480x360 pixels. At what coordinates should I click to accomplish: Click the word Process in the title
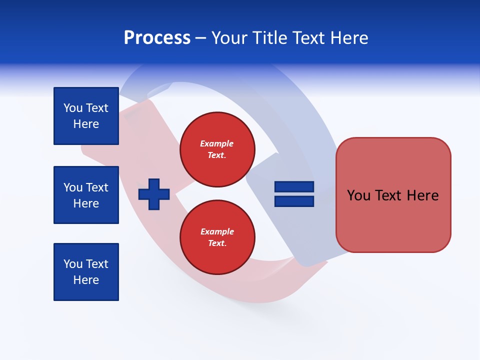pos(157,38)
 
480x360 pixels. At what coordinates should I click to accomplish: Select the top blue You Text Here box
pos(86,116)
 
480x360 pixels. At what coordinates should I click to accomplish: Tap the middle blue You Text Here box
pos(86,195)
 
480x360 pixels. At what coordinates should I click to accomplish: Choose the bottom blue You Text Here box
pos(86,272)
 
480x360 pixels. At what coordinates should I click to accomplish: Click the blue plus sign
pos(154,194)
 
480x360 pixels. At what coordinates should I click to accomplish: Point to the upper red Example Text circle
pos(217,149)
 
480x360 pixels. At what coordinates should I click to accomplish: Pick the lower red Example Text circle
pos(217,237)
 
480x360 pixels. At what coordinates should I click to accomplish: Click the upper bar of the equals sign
pos(294,186)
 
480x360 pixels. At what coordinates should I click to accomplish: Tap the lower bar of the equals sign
pos(294,201)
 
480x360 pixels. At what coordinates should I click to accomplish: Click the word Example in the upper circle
pos(216,143)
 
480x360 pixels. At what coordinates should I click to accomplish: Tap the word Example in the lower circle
pos(217,231)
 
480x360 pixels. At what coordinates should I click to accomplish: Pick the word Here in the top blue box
pos(86,124)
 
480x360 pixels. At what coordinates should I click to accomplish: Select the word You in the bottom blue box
pos(73,264)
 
